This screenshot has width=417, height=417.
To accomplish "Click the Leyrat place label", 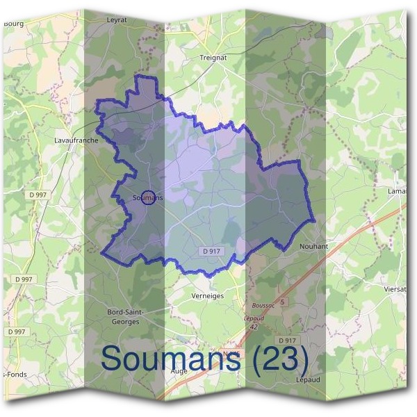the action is pos(116,21).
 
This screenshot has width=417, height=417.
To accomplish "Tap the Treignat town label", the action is pos(213,58).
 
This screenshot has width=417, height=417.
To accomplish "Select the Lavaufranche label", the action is pos(76,140).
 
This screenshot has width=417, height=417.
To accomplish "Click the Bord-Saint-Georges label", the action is pos(125,317).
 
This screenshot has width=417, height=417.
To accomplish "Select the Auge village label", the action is pos(179,370).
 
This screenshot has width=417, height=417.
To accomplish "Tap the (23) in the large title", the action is pos(281,358).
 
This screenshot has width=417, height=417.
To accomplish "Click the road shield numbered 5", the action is pos(283,302).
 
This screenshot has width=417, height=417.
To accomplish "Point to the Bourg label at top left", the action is pos(13,23).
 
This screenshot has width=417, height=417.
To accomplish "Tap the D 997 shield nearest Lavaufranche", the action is pos(38,195).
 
